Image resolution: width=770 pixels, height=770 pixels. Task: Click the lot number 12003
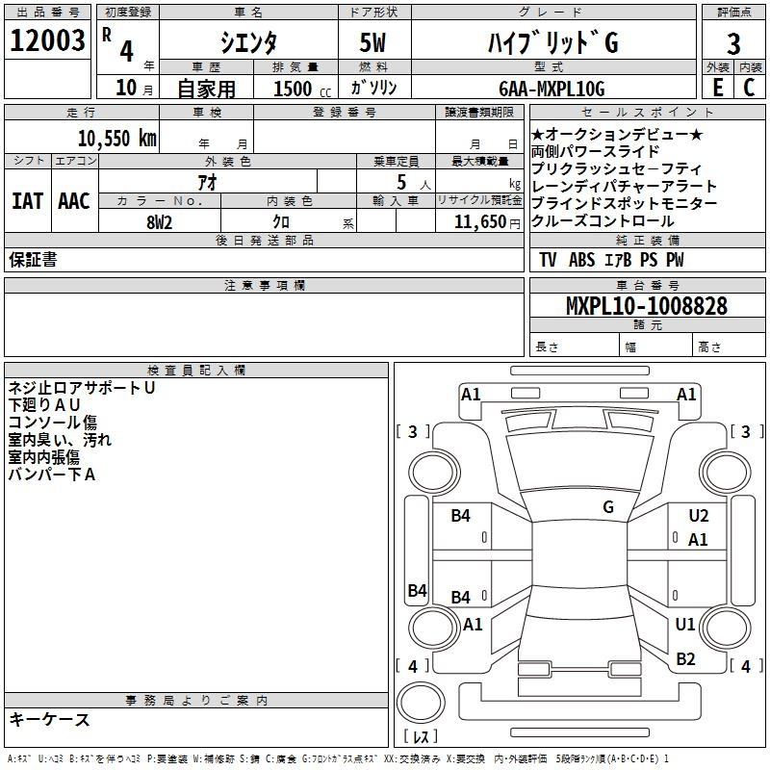(47, 40)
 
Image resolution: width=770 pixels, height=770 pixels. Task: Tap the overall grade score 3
(733, 43)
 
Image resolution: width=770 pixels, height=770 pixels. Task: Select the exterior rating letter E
(718, 88)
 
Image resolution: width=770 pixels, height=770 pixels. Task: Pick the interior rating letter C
(749, 88)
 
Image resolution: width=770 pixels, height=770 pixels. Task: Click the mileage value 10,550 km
(117, 139)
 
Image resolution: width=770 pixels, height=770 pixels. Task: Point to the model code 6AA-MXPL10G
(552, 89)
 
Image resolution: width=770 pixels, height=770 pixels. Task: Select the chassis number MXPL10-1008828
(646, 306)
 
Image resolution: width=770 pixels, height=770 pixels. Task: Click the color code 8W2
(159, 222)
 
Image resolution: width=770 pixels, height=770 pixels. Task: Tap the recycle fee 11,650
(479, 222)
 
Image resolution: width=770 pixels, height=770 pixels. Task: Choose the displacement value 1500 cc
(302, 89)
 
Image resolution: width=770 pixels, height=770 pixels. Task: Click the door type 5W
(372, 42)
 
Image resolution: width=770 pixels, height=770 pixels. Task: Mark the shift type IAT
(27, 201)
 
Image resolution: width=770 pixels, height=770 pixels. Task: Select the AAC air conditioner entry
(74, 201)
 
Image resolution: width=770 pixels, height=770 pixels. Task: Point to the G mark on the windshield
(608, 507)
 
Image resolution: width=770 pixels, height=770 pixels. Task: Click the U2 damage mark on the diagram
(699, 516)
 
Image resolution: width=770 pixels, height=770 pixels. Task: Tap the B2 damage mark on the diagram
(685, 658)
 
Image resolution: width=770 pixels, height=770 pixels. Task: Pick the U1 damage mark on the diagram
(685, 624)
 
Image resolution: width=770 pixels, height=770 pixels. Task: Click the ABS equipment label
(581, 260)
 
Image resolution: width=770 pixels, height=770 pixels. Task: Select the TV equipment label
(548, 260)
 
